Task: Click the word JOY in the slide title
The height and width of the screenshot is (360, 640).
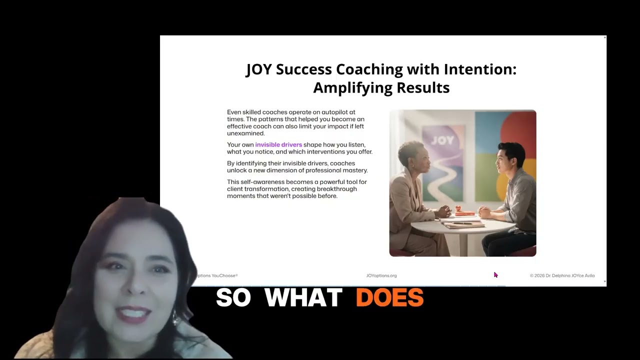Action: pos(258,69)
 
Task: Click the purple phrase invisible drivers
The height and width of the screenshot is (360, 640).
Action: pos(278,145)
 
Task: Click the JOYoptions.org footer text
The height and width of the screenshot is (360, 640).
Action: pos(381,275)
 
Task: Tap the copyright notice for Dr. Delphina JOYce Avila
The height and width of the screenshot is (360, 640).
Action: pos(562,275)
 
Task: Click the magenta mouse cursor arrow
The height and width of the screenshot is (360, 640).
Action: pos(495,275)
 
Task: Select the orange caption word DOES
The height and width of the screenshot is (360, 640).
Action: pos(389,298)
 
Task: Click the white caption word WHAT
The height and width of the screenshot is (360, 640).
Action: pos(303,298)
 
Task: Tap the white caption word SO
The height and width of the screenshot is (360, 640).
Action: pos(233,298)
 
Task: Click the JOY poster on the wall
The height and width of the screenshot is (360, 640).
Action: pos(442,150)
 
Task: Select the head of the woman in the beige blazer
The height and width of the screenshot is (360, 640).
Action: pos(412,159)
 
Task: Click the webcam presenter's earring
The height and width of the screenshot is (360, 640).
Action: pos(176,318)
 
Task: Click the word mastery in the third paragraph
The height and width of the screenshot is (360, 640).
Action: pos(354,170)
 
